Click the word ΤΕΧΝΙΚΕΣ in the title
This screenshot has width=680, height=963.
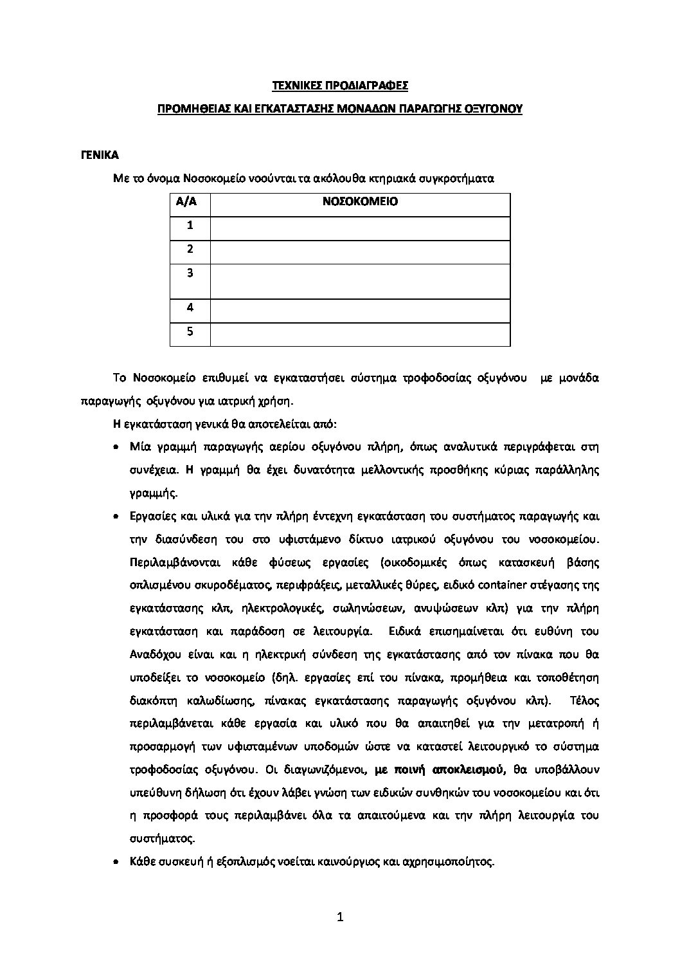[293, 85]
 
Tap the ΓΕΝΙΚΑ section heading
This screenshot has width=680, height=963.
[100, 155]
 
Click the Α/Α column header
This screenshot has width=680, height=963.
[190, 201]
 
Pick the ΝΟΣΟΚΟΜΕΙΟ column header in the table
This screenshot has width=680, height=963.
[360, 201]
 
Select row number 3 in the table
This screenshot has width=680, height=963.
[190, 273]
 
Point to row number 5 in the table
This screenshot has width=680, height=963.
[190, 332]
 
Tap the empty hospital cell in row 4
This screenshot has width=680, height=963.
[360, 307]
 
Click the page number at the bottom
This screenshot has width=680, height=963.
[340, 936]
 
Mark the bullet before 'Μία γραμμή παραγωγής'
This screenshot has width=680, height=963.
[116, 446]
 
